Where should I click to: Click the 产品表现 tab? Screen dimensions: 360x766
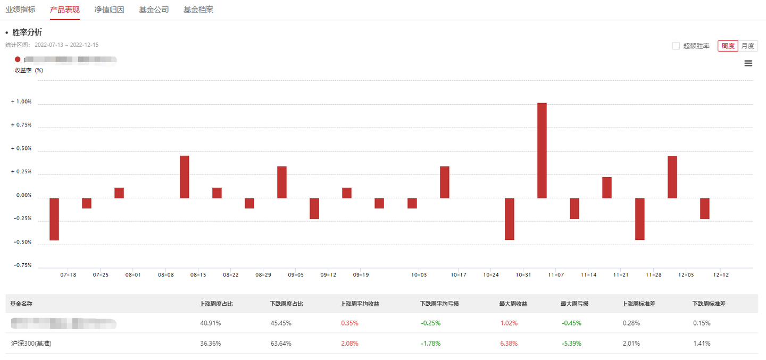[x=64, y=10]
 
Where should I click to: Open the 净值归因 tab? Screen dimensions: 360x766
[x=109, y=10]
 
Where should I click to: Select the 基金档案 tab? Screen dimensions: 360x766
[x=198, y=10]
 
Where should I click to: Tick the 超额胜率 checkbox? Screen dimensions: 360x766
[x=676, y=46]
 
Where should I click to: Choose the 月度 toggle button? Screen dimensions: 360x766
[x=748, y=46]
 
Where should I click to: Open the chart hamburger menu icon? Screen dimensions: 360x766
[x=748, y=63]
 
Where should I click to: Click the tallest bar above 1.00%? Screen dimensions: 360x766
[x=542, y=150]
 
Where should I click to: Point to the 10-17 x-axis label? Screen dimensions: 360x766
[x=459, y=275]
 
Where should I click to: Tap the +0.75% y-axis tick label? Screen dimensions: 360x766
[x=21, y=125]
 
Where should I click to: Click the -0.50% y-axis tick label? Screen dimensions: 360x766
[x=21, y=242]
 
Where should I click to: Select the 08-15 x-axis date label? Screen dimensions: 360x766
[x=198, y=275]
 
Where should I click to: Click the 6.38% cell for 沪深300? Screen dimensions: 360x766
[x=509, y=344]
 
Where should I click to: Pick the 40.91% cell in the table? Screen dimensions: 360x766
[x=210, y=323]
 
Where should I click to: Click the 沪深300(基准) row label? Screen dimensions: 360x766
[x=31, y=344]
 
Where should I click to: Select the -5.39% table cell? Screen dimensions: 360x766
[x=571, y=344]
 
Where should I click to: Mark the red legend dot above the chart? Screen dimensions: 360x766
[x=18, y=60]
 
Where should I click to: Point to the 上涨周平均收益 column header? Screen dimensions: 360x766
[x=360, y=304]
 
